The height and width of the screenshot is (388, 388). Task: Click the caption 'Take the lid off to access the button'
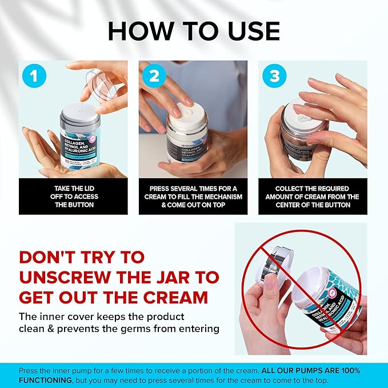73,197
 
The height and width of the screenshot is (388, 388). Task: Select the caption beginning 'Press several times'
193,197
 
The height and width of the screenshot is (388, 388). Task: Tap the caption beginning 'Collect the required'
313,197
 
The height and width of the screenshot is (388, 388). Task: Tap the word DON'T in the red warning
54,257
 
